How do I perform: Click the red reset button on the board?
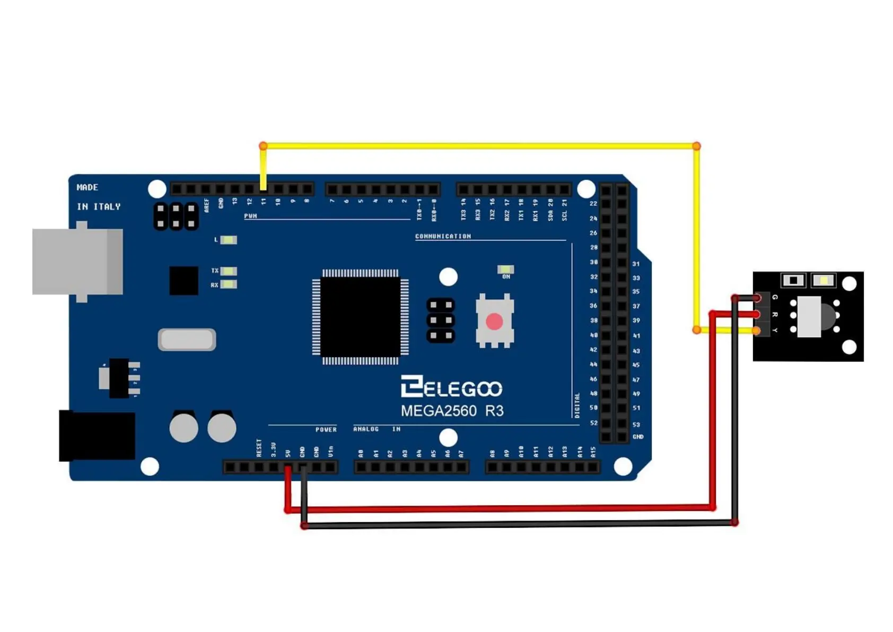click(494, 321)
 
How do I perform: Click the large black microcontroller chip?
click(360, 317)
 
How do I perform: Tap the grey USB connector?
click(77, 262)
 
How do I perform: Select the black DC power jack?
click(97, 436)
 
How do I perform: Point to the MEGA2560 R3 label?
click(452, 411)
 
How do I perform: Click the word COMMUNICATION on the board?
click(443, 236)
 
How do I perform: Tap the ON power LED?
click(505, 270)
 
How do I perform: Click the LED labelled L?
click(228, 240)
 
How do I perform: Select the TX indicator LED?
click(228, 271)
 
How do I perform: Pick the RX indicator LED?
click(228, 284)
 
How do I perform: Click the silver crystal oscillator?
click(187, 340)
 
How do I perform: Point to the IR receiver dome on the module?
click(827, 316)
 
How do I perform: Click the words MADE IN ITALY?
click(99, 197)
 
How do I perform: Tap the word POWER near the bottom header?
click(326, 429)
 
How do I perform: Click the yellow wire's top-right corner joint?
click(696, 146)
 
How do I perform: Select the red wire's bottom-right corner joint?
click(713, 508)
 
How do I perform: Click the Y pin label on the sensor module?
click(775, 331)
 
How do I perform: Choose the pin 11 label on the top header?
click(264, 202)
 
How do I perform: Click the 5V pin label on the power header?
click(288, 453)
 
